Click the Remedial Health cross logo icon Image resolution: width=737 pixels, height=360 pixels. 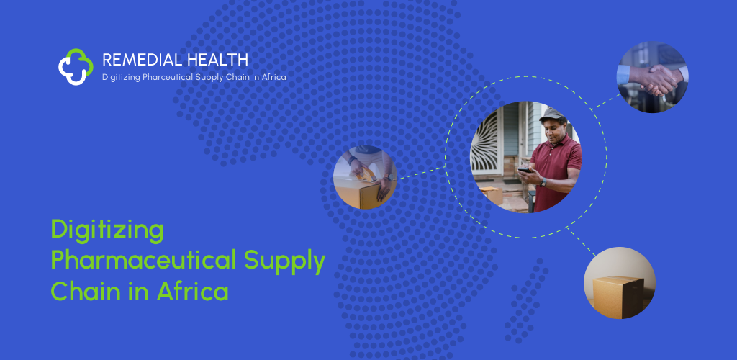(76, 67)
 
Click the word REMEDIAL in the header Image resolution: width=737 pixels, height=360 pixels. (143, 60)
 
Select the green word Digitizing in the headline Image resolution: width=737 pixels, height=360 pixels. (107, 230)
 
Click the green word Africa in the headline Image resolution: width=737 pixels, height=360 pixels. (192, 291)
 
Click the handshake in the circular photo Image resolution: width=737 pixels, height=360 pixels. (656, 80)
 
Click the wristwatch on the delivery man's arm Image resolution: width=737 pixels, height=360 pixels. (543, 182)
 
